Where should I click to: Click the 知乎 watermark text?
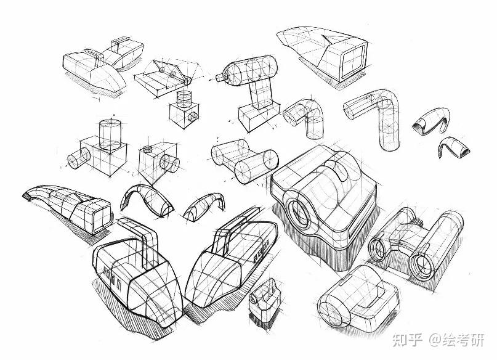click(407, 340)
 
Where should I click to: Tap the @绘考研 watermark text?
click(457, 340)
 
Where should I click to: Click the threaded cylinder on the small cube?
click(184, 99)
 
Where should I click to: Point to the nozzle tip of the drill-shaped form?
click(220, 76)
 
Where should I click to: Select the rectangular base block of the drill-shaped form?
click(259, 117)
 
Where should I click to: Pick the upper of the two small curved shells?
click(431, 122)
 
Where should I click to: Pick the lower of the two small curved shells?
click(453, 147)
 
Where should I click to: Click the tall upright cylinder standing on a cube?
click(110, 135)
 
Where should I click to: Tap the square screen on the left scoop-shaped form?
click(102, 218)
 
